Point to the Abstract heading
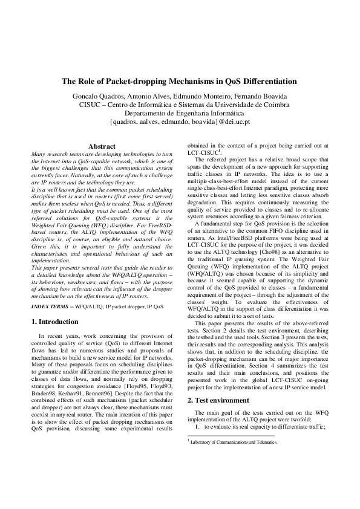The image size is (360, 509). click(102, 146)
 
